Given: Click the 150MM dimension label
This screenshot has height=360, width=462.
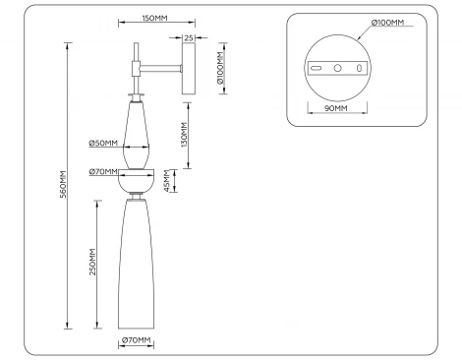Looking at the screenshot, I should pyautogui.click(x=151, y=19).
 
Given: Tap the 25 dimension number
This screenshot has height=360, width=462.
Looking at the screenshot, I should pyautogui.click(x=188, y=37).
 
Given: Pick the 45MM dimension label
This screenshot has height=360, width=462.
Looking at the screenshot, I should pyautogui.click(x=166, y=183).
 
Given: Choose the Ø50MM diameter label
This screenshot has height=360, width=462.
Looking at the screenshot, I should pyautogui.click(x=102, y=144).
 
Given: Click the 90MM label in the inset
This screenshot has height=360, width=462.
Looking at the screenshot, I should pyautogui.click(x=335, y=108).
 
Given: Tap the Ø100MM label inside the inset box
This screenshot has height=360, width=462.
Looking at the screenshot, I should pyautogui.click(x=389, y=22).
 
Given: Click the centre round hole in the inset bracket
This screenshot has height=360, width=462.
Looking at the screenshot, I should pyautogui.click(x=337, y=68).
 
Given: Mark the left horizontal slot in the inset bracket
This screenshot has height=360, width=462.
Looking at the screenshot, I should pyautogui.click(x=317, y=68).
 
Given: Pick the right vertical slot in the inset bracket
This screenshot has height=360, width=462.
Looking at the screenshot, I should pyautogui.click(x=359, y=68).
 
